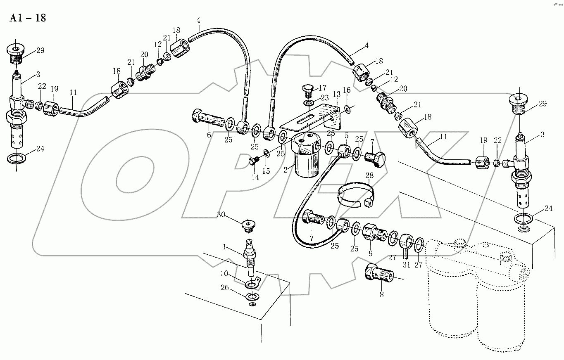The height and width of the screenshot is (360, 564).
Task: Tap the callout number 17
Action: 322,88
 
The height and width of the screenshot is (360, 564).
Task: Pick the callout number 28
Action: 369,176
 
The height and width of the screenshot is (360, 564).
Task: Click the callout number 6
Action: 209,135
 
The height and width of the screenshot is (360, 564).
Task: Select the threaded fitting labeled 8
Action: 378,273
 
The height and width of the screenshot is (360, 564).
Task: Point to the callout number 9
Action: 370,253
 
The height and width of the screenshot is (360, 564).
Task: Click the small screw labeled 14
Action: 254,161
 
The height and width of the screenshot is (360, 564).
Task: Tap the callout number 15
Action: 266,171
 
